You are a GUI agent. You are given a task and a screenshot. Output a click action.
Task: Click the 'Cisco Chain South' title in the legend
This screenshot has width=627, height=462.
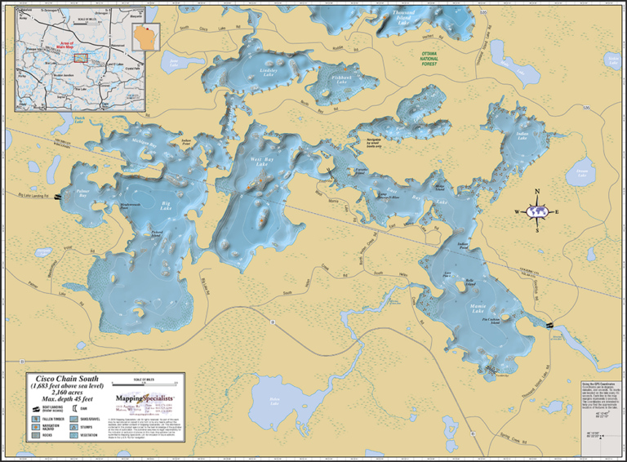tap(62, 379)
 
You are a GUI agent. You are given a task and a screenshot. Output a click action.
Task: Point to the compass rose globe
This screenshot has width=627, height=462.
tap(536, 211)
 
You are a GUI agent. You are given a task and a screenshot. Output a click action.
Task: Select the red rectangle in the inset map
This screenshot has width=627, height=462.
tap(80, 57)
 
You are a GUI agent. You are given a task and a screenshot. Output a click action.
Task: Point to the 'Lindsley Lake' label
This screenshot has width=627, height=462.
tap(269, 73)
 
